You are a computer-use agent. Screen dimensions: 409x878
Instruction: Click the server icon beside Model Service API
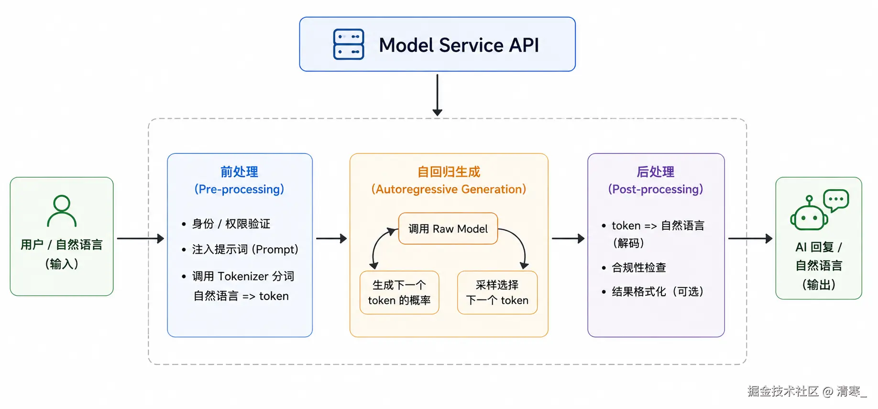tap(348, 44)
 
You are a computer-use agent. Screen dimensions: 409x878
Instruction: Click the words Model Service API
tap(459, 45)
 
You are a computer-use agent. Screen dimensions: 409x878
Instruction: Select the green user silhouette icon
tap(62, 211)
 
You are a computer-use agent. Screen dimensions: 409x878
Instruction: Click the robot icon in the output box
tap(809, 214)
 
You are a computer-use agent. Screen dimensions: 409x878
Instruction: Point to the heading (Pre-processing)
tap(239, 189)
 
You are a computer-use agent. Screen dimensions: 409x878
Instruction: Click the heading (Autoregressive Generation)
tap(449, 189)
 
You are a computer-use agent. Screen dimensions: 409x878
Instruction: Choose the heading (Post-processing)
tap(655, 189)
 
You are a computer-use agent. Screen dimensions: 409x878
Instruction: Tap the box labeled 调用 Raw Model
tap(448, 229)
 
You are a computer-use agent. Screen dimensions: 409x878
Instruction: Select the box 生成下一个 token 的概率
tap(399, 292)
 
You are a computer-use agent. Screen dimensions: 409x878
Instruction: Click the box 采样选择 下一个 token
tap(497, 292)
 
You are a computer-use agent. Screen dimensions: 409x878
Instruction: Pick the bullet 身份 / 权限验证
tap(230, 224)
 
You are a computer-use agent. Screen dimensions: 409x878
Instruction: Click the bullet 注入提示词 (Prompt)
tap(245, 249)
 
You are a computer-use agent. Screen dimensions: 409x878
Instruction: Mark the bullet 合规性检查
tap(638, 268)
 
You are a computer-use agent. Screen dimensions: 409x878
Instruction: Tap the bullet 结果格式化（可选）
tap(657, 291)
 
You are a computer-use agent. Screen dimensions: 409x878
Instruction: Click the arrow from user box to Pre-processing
tap(140, 238)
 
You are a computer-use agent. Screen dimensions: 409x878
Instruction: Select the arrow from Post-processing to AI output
tap(750, 238)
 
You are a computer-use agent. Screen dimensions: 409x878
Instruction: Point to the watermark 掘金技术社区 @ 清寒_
tap(807, 391)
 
